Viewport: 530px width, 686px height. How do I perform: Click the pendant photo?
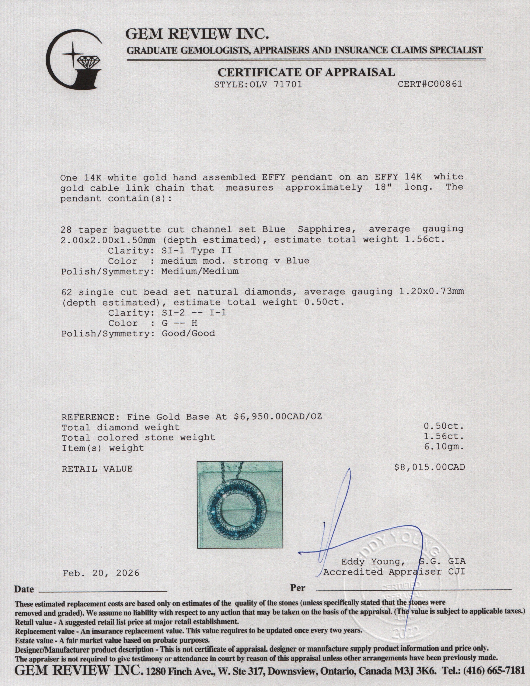[239, 504]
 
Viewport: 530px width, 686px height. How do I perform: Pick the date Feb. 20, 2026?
[101, 573]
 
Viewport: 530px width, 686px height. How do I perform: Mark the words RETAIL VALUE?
[97, 469]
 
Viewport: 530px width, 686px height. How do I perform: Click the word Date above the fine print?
[24, 589]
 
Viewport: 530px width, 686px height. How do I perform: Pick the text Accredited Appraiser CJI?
[394, 572]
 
